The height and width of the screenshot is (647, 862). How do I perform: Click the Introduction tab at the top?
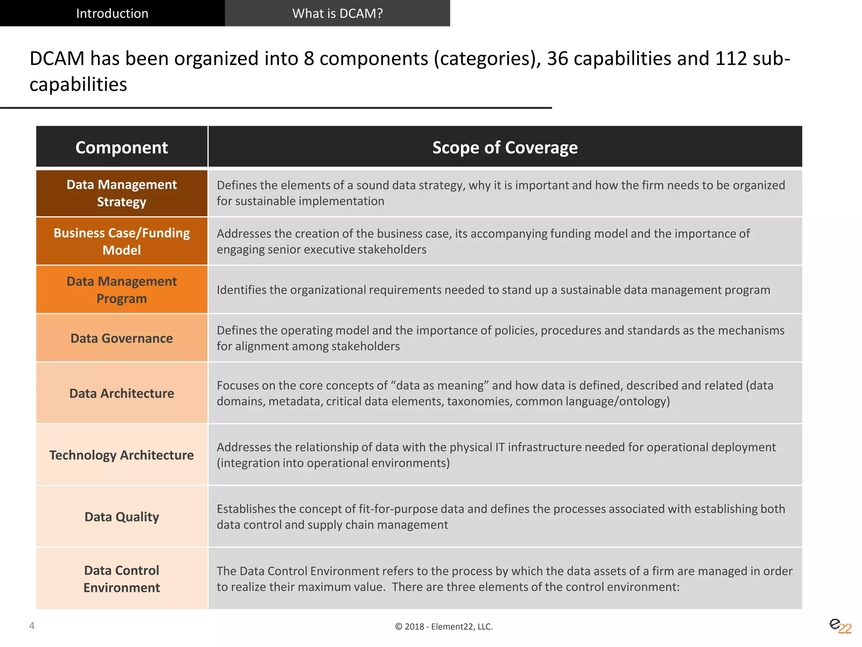tap(112, 13)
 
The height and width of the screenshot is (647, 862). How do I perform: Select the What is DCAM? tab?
tap(337, 13)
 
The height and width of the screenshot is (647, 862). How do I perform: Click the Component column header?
tap(122, 147)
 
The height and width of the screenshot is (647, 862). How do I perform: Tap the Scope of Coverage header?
tap(505, 147)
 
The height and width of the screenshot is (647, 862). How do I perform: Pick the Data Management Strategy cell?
tap(122, 193)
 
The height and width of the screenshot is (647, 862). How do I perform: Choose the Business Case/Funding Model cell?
tap(122, 241)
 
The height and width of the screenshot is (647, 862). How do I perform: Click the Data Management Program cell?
tap(122, 290)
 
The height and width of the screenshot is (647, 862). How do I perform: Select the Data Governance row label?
tap(122, 338)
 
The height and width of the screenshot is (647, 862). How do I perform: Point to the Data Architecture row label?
tap(122, 393)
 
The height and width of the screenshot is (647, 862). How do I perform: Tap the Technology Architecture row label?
tap(122, 455)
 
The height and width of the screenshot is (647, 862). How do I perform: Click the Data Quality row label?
tap(122, 517)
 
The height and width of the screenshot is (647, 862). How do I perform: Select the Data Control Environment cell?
tap(122, 579)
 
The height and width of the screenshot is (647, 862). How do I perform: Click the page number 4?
tap(32, 626)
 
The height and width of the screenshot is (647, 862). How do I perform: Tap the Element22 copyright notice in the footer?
tap(444, 626)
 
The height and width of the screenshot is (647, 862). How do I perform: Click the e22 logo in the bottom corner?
tap(840, 626)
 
